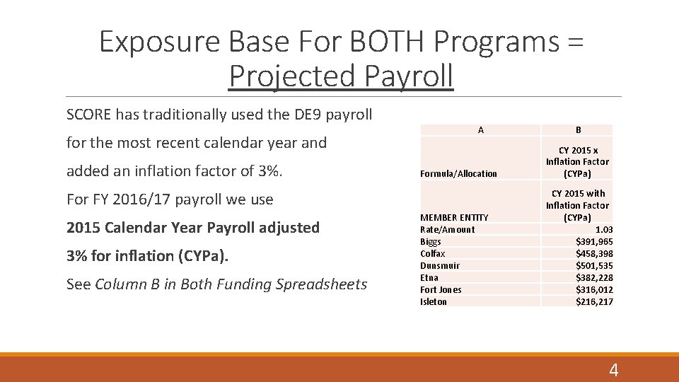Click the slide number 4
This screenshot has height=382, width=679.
pyautogui.click(x=613, y=369)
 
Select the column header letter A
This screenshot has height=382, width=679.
pyautogui.click(x=481, y=130)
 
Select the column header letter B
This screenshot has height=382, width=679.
pyautogui.click(x=578, y=130)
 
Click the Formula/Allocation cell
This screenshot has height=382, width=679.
pyautogui.click(x=458, y=174)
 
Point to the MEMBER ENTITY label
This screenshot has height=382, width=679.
pyautogui.click(x=454, y=217)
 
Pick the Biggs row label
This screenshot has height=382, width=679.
pyautogui.click(x=431, y=241)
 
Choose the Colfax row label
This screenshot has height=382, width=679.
pyautogui.click(x=433, y=253)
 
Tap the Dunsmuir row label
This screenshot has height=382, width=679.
pyautogui.click(x=440, y=265)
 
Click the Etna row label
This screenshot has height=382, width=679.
pyautogui.click(x=429, y=277)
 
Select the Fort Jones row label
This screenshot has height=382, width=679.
pyautogui.click(x=441, y=289)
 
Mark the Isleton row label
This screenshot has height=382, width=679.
pyautogui.click(x=434, y=301)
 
